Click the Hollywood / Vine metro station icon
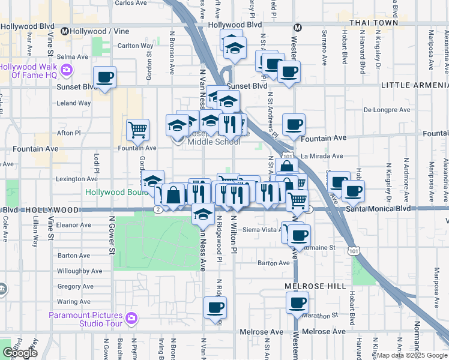click(x=65, y=30)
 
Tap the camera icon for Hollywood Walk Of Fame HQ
click(x=67, y=70)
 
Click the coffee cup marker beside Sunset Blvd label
click(x=104, y=77)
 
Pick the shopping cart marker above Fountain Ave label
click(x=138, y=129)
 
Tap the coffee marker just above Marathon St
click(x=297, y=303)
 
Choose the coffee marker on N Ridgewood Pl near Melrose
click(x=215, y=308)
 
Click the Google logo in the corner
click(x=20, y=353)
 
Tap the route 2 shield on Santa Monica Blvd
click(x=157, y=209)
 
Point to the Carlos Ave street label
click(x=130, y=3)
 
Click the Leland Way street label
click(x=73, y=103)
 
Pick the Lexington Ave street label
click(x=77, y=179)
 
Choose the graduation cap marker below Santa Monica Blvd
click(x=203, y=214)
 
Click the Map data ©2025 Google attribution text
click(x=411, y=355)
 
